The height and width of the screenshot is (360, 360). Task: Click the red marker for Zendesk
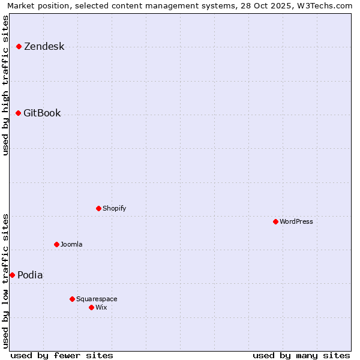click(x=19, y=46)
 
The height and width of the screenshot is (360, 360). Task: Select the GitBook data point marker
click(x=18, y=113)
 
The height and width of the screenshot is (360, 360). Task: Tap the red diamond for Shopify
click(x=98, y=208)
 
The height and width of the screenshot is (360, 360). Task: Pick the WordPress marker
click(x=275, y=221)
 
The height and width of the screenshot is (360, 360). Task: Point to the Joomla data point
click(x=56, y=244)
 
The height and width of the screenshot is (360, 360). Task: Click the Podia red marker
click(x=12, y=275)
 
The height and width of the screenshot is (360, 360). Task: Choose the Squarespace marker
click(x=72, y=299)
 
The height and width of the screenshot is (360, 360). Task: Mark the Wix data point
click(x=91, y=307)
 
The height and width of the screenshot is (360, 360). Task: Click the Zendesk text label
click(x=44, y=47)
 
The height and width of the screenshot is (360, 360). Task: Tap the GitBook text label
click(x=42, y=113)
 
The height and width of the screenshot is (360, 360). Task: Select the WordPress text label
click(x=296, y=221)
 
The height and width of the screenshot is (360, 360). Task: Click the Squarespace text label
click(x=97, y=299)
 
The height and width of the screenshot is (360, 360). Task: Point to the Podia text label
click(x=30, y=275)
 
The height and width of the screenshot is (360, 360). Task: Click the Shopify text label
click(x=114, y=208)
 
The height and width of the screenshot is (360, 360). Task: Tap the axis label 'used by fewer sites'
click(x=62, y=355)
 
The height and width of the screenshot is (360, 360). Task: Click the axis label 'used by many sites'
click(x=301, y=355)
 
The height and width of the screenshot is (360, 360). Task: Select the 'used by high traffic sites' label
click(x=6, y=85)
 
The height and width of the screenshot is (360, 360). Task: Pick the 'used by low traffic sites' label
click(x=6, y=280)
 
